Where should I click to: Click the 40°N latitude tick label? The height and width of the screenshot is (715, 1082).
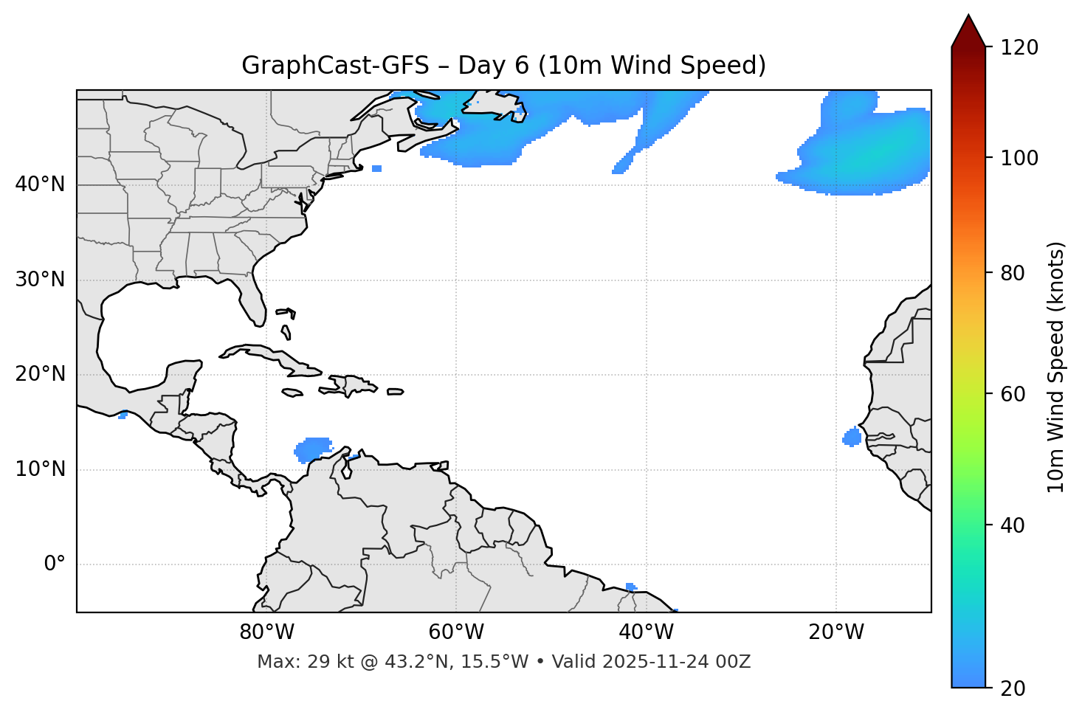[x=40, y=184]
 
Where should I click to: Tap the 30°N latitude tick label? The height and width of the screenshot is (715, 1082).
[x=40, y=280]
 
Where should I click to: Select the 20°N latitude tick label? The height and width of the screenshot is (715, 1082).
[x=40, y=374]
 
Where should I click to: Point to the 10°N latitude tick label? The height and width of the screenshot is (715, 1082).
[x=40, y=469]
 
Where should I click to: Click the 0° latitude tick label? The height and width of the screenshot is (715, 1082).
[x=55, y=564]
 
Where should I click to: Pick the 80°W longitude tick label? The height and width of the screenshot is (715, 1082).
[x=266, y=632]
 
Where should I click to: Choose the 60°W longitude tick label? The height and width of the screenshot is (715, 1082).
[x=456, y=632]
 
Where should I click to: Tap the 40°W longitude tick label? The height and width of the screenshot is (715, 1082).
[x=646, y=632]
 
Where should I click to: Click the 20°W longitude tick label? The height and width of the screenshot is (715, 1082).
[x=836, y=632]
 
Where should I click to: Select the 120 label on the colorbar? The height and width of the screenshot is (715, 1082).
[x=1019, y=48]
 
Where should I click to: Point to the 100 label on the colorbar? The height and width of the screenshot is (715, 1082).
[x=1019, y=158]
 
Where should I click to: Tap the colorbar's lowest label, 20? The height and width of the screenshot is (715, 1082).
[x=1013, y=688]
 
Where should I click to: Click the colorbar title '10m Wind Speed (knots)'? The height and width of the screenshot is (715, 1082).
[x=1056, y=367]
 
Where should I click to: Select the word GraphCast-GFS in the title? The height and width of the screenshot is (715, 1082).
[x=335, y=66]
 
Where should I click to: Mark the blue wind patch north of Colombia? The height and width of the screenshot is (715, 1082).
[x=314, y=448]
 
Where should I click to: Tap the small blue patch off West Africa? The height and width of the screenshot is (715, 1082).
[x=852, y=437]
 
